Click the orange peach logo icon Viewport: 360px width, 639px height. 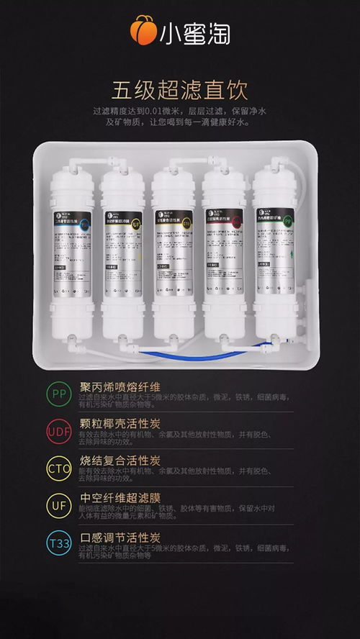point(143,30)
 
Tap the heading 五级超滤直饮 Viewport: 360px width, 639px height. point(179,91)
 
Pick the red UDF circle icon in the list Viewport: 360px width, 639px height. point(59,432)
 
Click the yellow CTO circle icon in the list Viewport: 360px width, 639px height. point(59,468)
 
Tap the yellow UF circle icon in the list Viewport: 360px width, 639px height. point(59,505)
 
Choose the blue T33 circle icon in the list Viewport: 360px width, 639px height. point(59,543)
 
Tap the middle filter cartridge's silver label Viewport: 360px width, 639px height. point(173,252)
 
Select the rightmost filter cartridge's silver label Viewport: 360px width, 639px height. point(274,252)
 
